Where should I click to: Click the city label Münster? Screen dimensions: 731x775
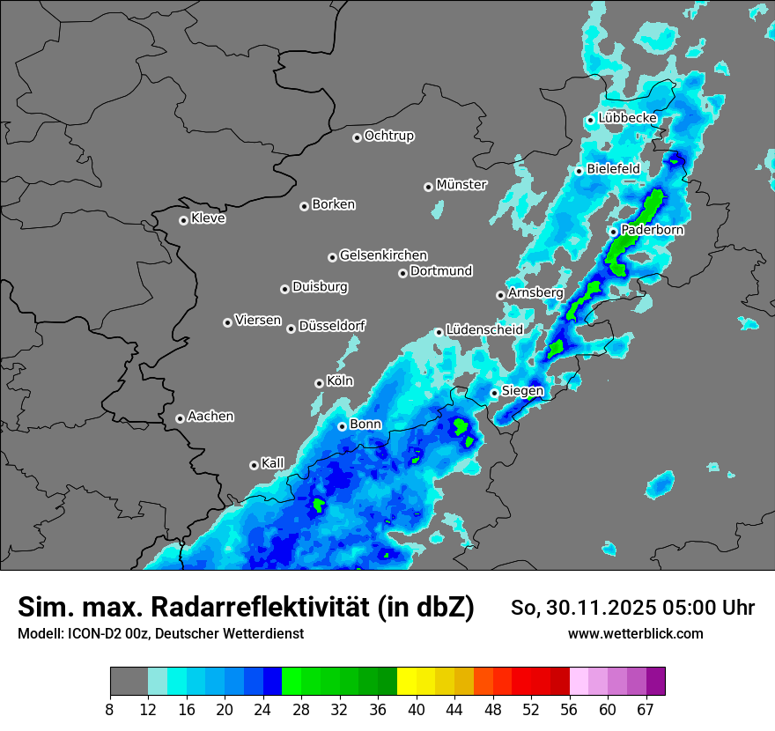point(461,185)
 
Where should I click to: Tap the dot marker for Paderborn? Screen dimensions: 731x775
point(614,232)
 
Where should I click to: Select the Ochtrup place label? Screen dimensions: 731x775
point(389,136)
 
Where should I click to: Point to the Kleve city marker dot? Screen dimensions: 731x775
point(183,220)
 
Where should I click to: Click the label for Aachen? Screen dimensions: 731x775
point(211,417)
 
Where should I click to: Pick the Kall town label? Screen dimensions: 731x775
point(273,463)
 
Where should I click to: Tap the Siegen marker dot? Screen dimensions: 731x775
point(495,393)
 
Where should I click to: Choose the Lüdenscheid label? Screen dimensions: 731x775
point(484,330)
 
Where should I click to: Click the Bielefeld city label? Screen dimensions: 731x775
point(613,168)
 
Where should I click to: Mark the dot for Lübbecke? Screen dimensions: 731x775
point(590,120)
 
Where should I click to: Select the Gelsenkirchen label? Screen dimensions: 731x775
point(383,255)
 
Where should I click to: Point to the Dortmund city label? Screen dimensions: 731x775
point(441,271)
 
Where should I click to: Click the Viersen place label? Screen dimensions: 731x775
point(258,321)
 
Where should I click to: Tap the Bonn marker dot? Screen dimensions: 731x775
point(343,426)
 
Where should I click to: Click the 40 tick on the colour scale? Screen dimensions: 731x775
point(416,709)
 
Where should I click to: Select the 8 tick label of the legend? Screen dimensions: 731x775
point(110,709)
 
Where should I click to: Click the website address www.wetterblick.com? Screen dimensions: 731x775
point(636,633)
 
